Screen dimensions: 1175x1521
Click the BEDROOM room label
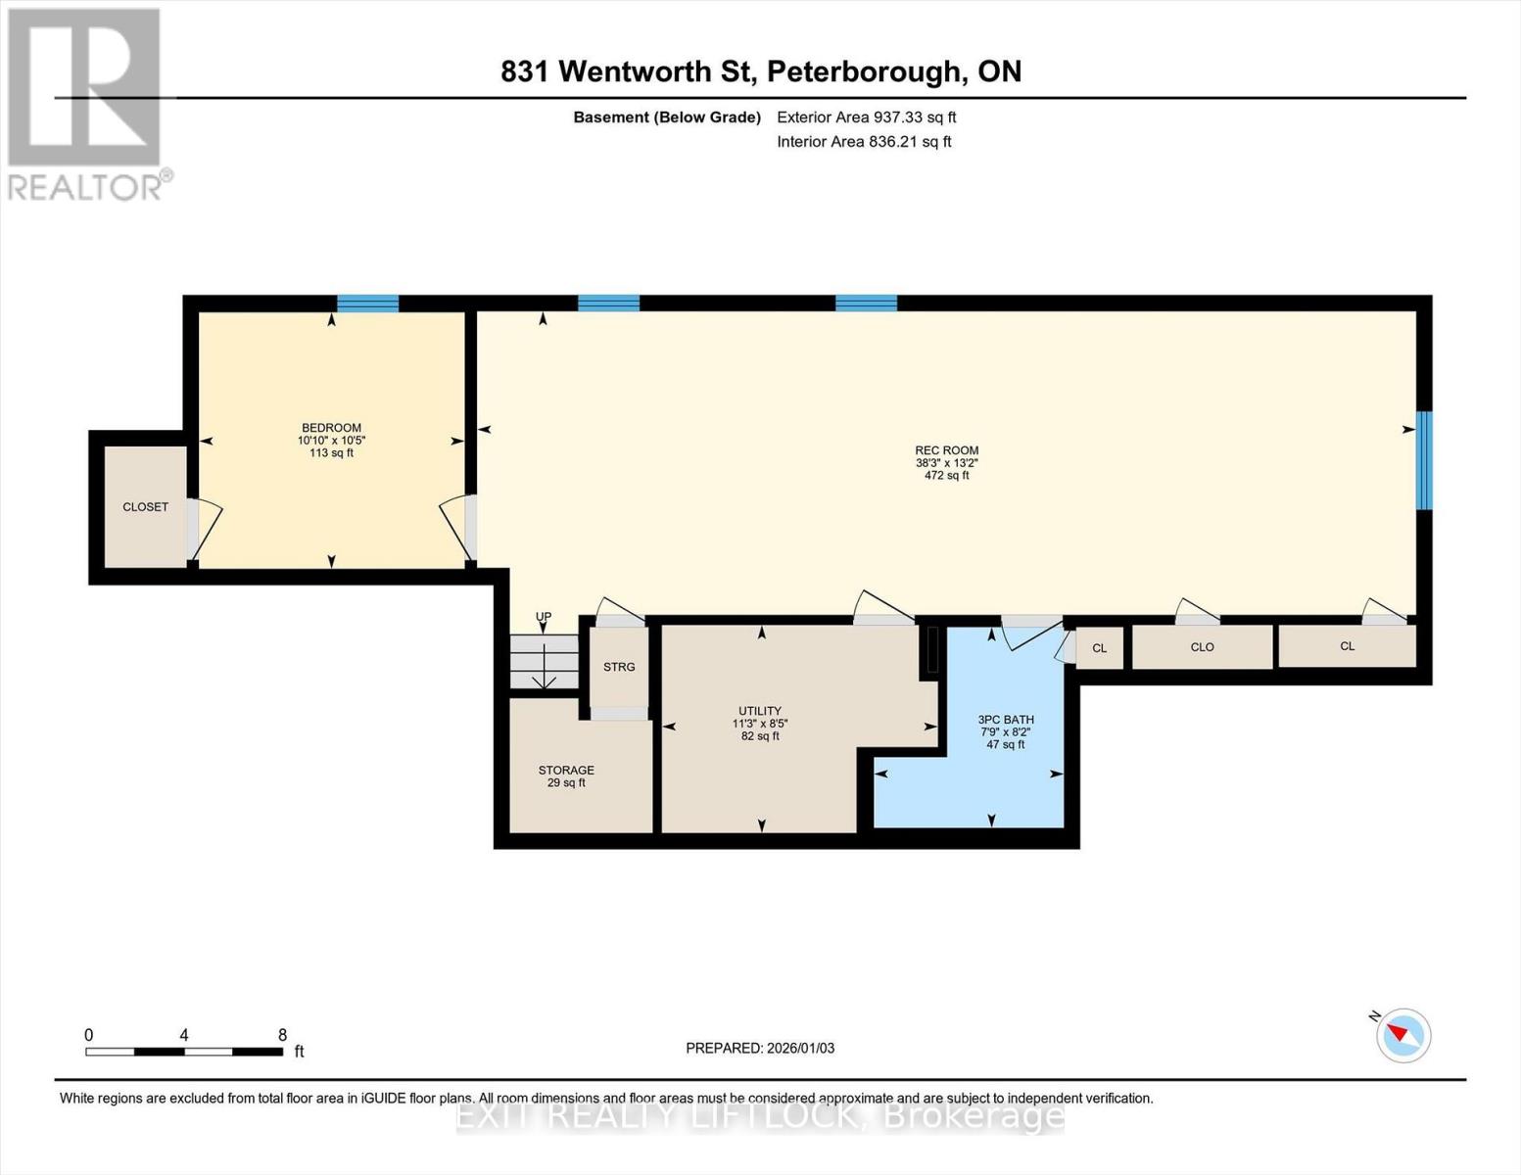(x=331, y=428)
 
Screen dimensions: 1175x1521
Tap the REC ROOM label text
(x=946, y=450)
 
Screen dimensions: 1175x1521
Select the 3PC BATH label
(x=1005, y=720)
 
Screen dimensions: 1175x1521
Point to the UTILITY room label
(x=760, y=711)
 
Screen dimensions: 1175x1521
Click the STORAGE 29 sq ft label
(x=566, y=775)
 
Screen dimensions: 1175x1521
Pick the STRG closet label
(x=619, y=667)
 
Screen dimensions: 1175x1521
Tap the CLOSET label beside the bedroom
(x=145, y=506)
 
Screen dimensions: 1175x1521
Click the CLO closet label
(x=1202, y=647)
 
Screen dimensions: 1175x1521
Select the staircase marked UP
(x=545, y=662)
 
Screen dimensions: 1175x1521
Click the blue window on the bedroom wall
(x=367, y=303)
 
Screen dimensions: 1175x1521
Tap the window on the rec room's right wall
(x=1424, y=460)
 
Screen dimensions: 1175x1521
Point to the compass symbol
(x=1402, y=1035)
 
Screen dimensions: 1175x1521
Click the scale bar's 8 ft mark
(x=282, y=1036)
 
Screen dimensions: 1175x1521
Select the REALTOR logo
(x=85, y=103)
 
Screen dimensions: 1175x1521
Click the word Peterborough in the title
(x=863, y=71)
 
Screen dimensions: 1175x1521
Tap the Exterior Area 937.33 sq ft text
(x=866, y=117)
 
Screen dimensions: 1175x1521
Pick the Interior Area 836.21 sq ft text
(x=864, y=142)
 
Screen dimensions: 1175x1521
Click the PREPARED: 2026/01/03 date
(x=760, y=1048)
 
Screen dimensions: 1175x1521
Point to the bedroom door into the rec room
(x=458, y=529)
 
